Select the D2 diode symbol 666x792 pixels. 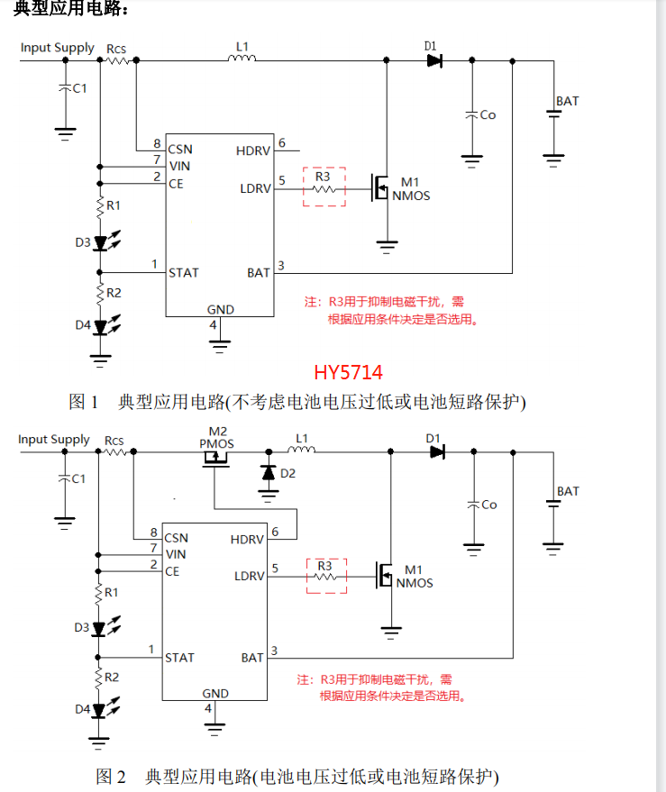268,472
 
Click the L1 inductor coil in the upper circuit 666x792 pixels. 242,60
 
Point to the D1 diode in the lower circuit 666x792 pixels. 436,452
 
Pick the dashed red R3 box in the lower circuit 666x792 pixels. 326,575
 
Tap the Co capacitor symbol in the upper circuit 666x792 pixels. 470,115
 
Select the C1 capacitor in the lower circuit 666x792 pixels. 64,478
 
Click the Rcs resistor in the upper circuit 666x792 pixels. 118,61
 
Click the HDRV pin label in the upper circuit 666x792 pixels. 252,150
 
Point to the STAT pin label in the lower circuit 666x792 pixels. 180,658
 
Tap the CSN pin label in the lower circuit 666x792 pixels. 176,537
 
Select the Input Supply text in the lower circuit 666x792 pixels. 54,440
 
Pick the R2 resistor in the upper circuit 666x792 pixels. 101,293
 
